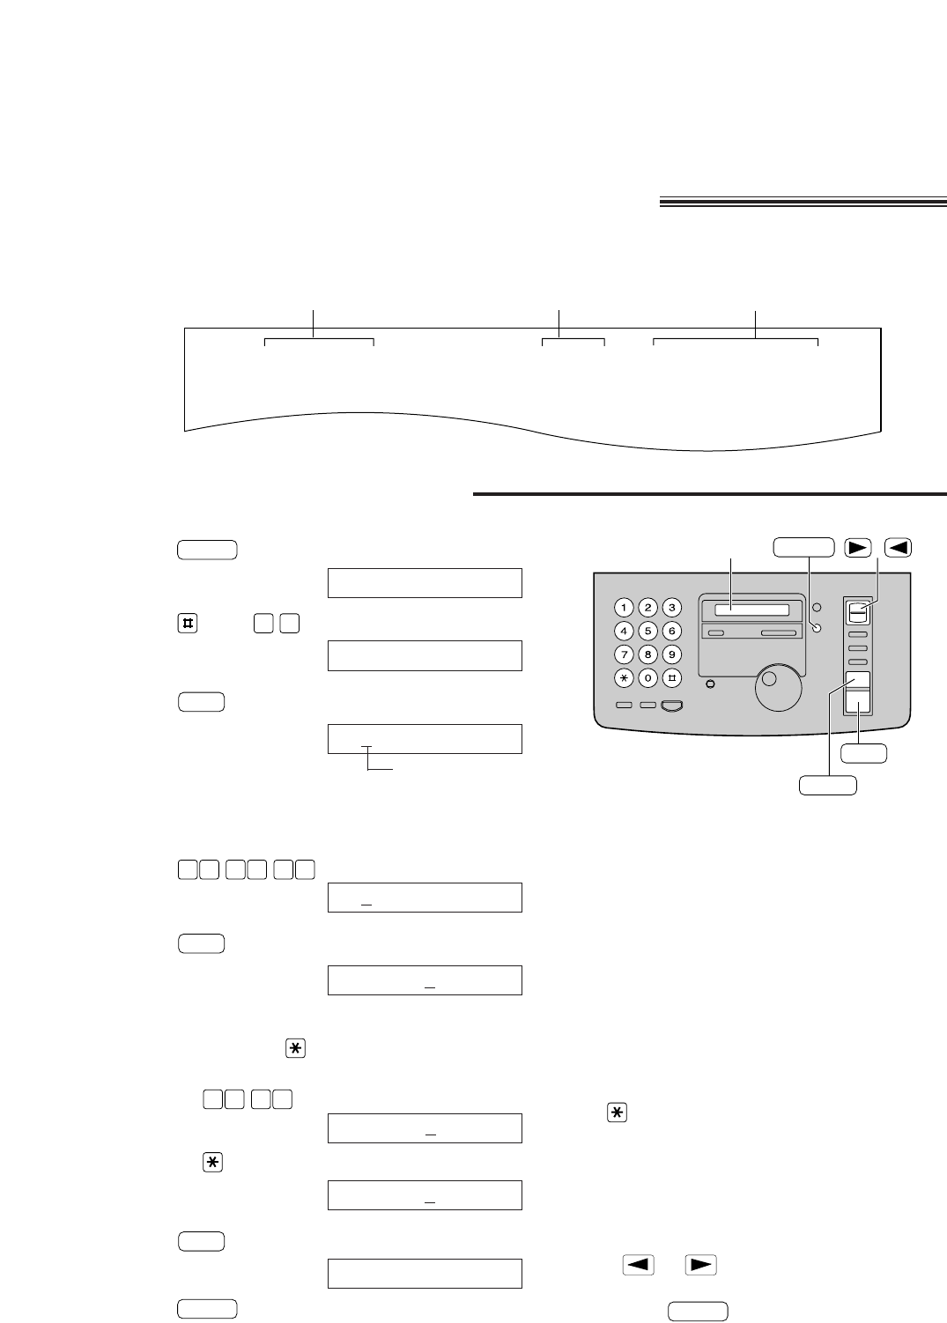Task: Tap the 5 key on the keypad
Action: pos(647,631)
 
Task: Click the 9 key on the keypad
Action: pos(671,654)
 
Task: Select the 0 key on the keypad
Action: pos(647,678)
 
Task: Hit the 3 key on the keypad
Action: pos(671,607)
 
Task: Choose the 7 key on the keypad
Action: pos(624,654)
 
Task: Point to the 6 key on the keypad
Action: pos(671,631)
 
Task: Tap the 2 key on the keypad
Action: pos(647,607)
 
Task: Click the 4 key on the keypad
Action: pos(624,631)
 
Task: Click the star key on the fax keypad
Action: pos(624,678)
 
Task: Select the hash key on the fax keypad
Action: pos(671,678)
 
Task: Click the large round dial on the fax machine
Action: pos(778,685)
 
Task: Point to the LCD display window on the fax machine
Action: pos(751,610)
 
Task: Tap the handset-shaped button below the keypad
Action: pos(672,706)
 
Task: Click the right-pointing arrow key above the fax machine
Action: pos(856,547)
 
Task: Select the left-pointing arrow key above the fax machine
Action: pos(898,547)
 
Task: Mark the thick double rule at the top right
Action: pos(803,203)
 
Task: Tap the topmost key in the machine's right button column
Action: pos(857,611)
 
